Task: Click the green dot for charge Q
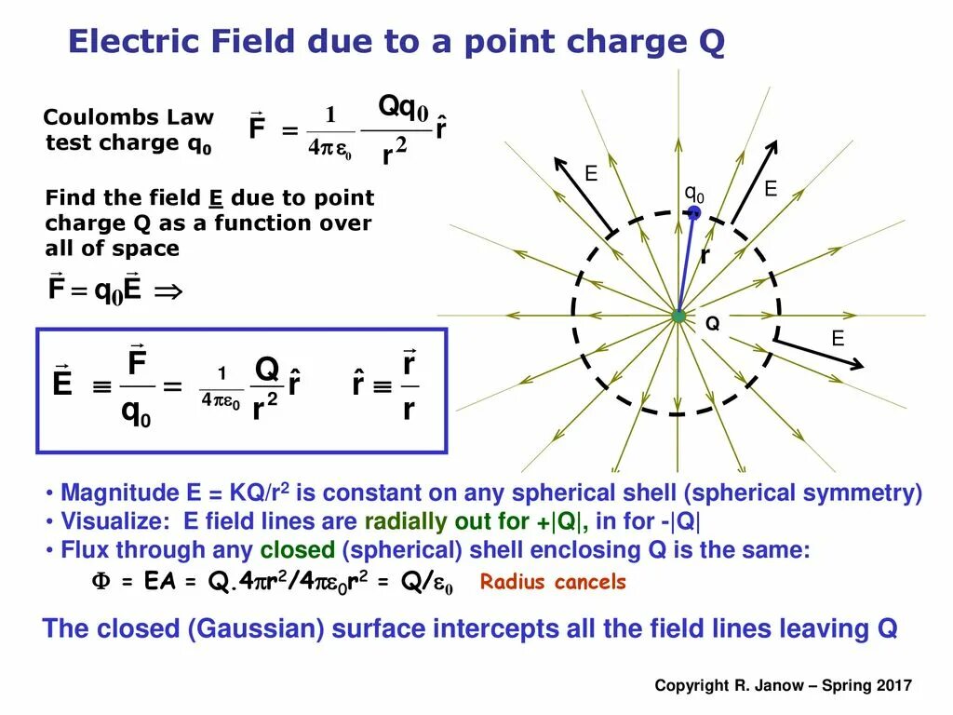click(678, 317)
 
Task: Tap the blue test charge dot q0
click(693, 213)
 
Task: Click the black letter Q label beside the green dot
click(713, 324)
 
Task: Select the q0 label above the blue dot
click(694, 194)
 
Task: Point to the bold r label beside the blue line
click(705, 255)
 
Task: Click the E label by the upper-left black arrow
click(590, 174)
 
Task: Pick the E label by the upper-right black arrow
click(771, 189)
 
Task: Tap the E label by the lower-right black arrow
click(838, 339)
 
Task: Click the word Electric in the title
click(132, 42)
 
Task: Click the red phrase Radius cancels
click(553, 583)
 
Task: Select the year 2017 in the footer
click(893, 685)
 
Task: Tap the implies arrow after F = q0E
click(168, 290)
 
